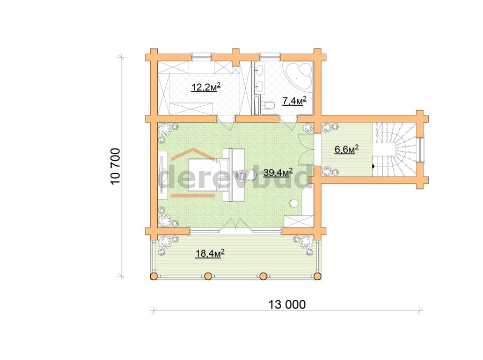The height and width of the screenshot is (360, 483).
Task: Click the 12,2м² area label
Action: click(206, 87)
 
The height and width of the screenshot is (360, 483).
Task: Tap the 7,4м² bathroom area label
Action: click(294, 101)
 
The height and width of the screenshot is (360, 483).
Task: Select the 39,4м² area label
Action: click(277, 173)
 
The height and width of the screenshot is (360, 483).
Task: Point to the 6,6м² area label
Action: click(347, 149)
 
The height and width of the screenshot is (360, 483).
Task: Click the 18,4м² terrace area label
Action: click(210, 253)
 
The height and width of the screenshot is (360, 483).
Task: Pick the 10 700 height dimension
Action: click(115, 166)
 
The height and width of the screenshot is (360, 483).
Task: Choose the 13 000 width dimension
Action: click(287, 305)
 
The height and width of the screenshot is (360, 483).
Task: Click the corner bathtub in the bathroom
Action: click(299, 75)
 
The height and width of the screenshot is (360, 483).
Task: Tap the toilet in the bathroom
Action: click(267, 105)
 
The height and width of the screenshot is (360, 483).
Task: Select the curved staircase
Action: click(394, 149)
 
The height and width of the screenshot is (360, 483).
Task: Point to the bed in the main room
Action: click(204, 174)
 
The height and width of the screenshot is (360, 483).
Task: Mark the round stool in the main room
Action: click(294, 203)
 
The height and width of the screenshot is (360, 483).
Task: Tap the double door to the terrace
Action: click(236, 225)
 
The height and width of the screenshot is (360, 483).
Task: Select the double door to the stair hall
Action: click(307, 151)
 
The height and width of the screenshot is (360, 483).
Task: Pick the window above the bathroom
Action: click(269, 57)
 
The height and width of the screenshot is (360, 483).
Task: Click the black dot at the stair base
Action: click(373, 166)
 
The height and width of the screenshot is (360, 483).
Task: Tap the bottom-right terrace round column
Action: click(317, 276)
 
